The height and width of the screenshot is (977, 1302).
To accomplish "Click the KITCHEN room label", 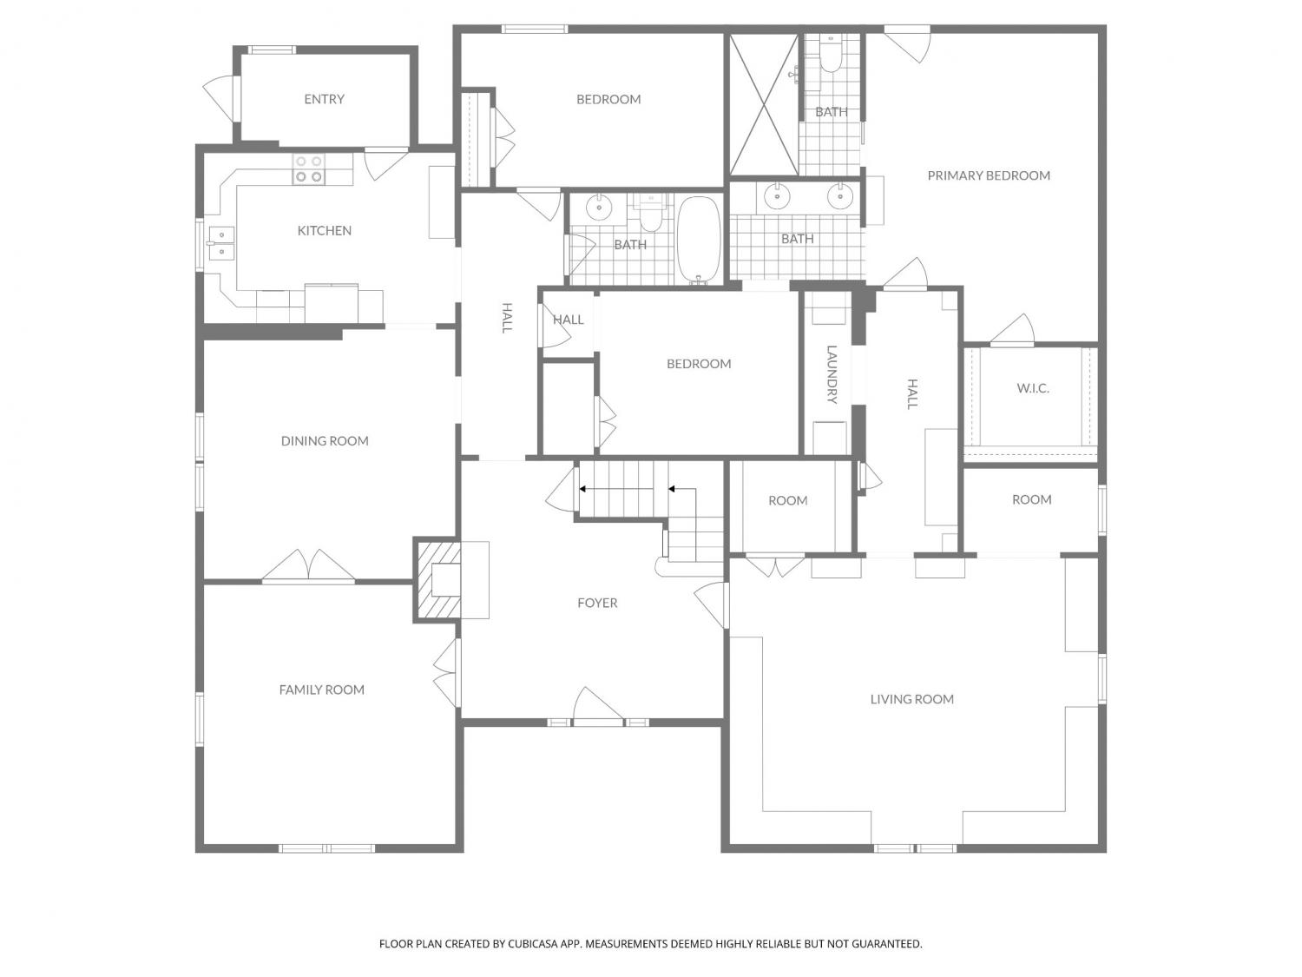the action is [x=324, y=230].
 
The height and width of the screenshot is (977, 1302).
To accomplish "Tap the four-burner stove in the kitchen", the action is [x=308, y=168].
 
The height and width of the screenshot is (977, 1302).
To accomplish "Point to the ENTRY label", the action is [x=324, y=99].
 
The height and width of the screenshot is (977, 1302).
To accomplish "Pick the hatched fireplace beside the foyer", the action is [x=437, y=579].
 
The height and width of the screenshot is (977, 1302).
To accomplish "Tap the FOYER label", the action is [x=597, y=603].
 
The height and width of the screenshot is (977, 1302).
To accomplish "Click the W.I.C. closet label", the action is [x=1033, y=388].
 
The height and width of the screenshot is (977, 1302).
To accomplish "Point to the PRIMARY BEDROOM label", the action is [x=988, y=175].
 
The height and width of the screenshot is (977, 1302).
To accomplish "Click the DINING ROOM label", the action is [x=325, y=440].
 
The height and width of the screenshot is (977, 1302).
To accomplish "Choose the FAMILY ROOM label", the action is [x=321, y=690].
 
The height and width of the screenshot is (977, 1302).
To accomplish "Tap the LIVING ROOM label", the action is [x=911, y=699].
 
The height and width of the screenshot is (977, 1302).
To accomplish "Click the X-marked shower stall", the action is [x=764, y=105].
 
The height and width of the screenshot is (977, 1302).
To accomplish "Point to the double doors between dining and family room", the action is [x=308, y=565].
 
